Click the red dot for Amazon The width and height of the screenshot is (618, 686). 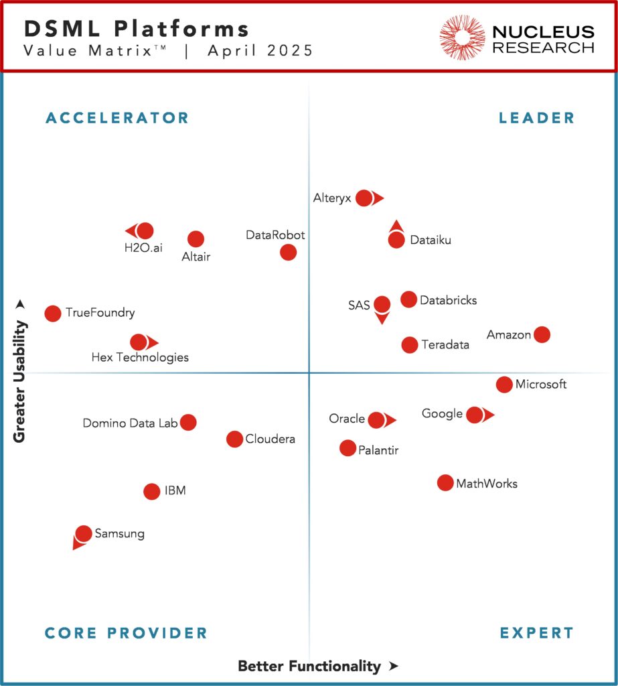tap(542, 334)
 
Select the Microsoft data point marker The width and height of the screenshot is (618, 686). tap(504, 385)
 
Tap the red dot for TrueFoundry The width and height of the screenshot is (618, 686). tap(53, 313)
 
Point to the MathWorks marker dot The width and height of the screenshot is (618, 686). tap(445, 483)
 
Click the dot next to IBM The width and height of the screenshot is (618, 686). tap(152, 491)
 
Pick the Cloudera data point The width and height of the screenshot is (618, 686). tap(234, 439)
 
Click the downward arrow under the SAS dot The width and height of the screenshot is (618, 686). tap(382, 319)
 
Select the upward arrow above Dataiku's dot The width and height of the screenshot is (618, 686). tap(396, 225)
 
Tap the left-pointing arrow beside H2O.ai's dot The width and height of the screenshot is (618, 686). tap(130, 231)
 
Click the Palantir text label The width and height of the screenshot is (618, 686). tap(379, 450)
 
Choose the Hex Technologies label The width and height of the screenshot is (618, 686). tap(140, 358)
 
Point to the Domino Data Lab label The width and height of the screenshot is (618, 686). tap(130, 423)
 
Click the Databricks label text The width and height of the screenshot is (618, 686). tap(448, 300)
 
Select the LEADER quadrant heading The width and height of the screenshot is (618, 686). tap(536, 119)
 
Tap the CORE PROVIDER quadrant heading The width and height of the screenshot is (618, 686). tap(126, 633)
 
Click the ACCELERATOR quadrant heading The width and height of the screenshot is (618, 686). tap(117, 119)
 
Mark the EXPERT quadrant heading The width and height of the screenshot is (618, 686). tap(536, 633)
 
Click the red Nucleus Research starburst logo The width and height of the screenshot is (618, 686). tap(462, 37)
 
